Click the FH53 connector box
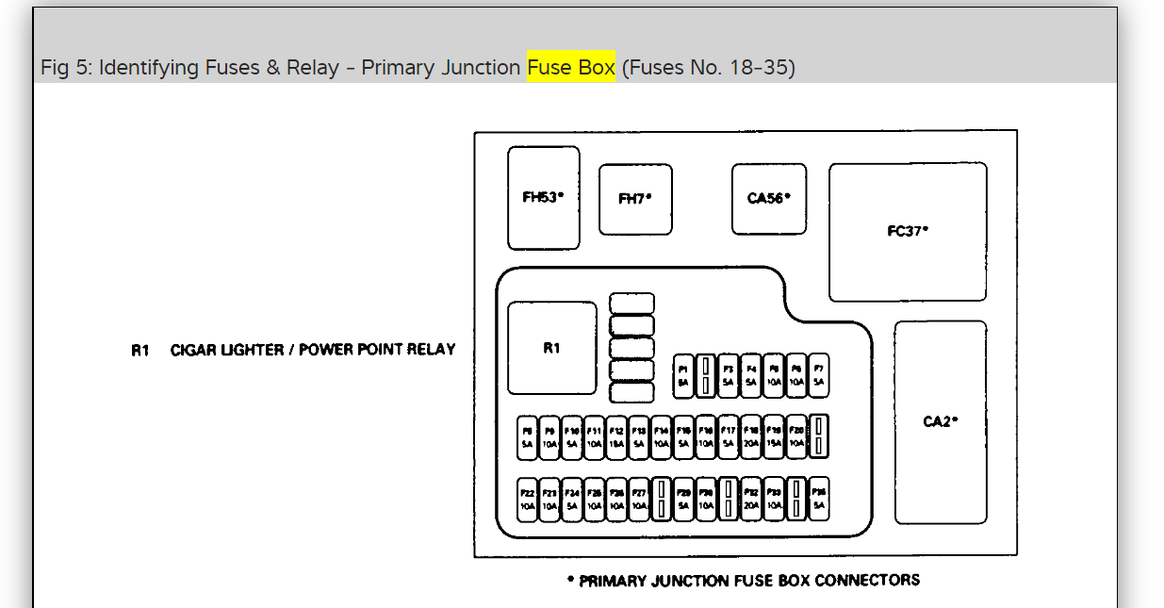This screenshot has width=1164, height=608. (544, 198)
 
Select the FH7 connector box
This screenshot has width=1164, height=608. (635, 199)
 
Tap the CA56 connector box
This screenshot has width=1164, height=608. (768, 199)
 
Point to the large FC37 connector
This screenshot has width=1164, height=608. (908, 231)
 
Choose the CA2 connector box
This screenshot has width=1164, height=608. (940, 421)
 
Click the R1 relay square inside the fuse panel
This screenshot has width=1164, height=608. (551, 348)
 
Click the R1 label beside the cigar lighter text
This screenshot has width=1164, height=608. (140, 350)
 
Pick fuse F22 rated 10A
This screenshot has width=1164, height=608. (527, 499)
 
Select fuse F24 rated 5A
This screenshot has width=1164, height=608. (571, 499)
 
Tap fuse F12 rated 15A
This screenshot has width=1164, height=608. (616, 437)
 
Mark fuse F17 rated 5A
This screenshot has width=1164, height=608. (728, 437)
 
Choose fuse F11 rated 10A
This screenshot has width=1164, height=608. (594, 437)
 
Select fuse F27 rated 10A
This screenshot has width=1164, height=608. (638, 499)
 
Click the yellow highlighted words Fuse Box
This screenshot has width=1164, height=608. (571, 68)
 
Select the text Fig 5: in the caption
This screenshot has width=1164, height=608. (65, 68)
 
